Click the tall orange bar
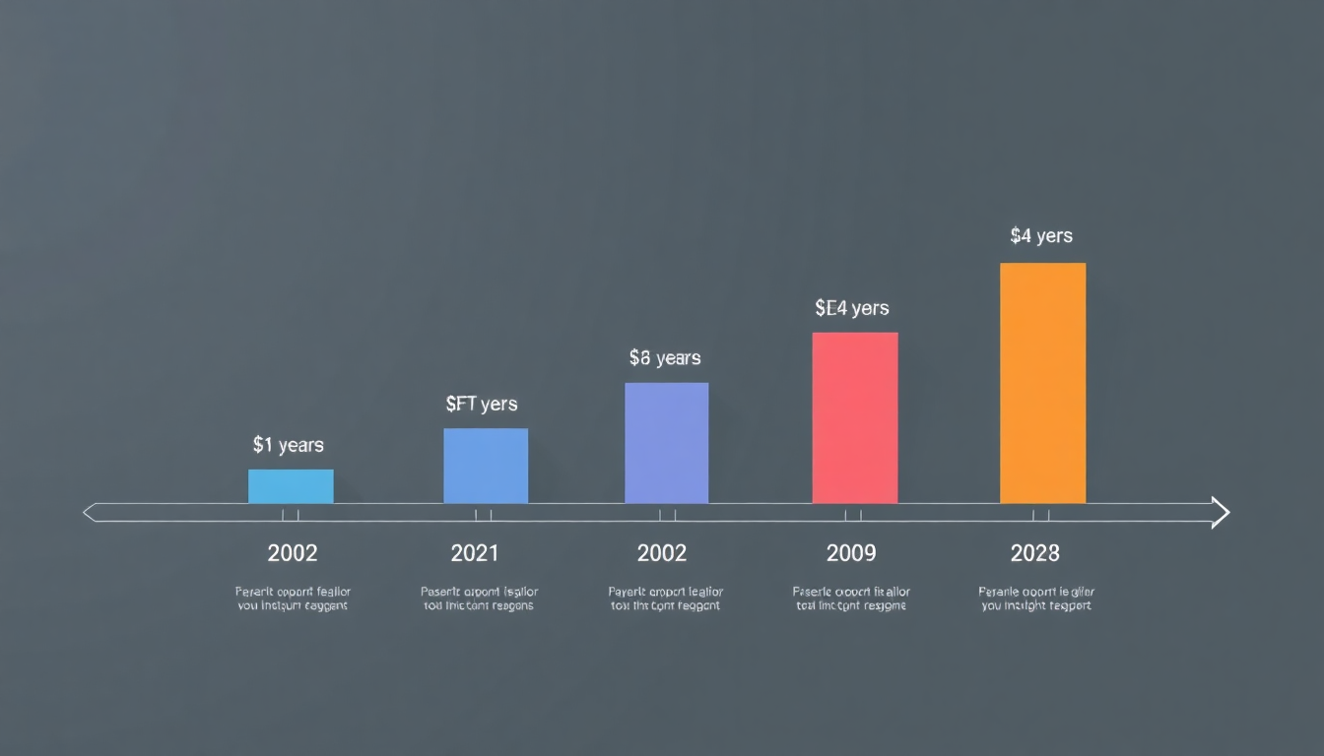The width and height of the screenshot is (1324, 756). [x=1042, y=383]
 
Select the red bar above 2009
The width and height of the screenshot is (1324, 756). [x=854, y=417]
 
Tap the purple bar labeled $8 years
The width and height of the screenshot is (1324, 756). [x=666, y=443]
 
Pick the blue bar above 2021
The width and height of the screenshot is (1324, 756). [x=486, y=466]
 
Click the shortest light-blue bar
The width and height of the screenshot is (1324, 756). [x=291, y=486]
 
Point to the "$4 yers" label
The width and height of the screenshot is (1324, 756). [x=1041, y=236]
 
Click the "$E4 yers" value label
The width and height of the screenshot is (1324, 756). [x=852, y=308]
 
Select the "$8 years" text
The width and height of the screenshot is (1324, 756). [x=665, y=358]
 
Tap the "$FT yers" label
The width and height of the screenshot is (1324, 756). [x=481, y=404]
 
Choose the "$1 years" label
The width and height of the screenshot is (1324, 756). [x=288, y=445]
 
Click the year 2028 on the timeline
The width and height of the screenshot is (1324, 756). [x=1034, y=553]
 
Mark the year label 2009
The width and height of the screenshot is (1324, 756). [x=851, y=553]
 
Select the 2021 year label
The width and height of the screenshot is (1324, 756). [x=475, y=553]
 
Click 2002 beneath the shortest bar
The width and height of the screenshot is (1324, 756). [x=293, y=553]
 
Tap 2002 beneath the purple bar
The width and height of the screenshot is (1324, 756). [x=662, y=553]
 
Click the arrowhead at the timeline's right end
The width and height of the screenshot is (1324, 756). [x=1221, y=513]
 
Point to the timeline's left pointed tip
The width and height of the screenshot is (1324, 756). [x=90, y=512]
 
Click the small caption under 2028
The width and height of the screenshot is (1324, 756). [x=1036, y=598]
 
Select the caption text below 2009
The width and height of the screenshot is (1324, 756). [x=851, y=598]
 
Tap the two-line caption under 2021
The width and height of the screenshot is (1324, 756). [x=479, y=598]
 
